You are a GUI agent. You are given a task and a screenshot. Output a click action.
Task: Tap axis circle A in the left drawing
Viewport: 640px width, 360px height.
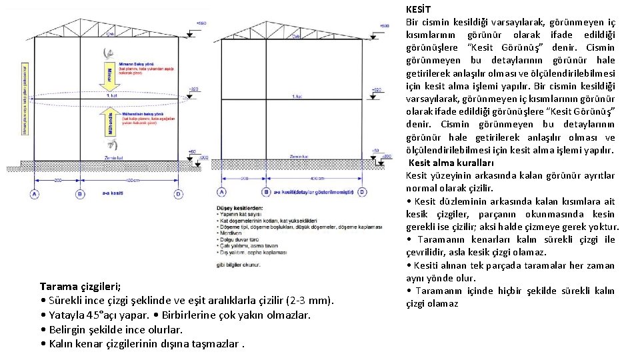coord(34,193)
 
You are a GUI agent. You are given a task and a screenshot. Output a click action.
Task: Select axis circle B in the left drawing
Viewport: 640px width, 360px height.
coord(80,193)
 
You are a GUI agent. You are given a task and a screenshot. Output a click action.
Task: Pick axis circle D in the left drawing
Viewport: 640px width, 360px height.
coord(178,193)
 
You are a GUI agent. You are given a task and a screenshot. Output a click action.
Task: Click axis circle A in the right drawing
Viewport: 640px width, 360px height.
coord(221,192)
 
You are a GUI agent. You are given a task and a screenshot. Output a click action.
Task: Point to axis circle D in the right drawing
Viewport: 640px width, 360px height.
coord(362,192)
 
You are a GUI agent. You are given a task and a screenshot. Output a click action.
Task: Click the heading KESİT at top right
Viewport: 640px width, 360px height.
coord(419,9)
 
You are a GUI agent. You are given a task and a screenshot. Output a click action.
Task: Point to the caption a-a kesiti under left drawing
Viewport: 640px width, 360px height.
coord(111,194)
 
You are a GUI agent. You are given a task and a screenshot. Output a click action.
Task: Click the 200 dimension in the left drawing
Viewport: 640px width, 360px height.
coord(57,181)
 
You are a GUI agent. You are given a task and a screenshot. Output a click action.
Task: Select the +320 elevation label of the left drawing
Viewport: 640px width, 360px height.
coord(194,89)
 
